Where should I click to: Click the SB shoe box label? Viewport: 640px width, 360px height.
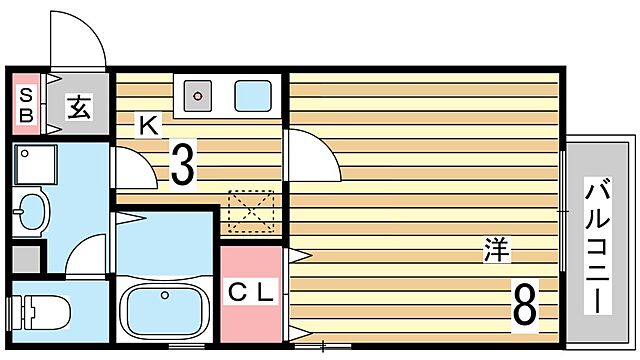pyautogui.click(x=26, y=105)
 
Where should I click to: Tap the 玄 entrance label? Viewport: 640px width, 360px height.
pyautogui.click(x=80, y=106)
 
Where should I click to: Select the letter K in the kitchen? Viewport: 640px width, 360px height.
pyautogui.click(x=148, y=126)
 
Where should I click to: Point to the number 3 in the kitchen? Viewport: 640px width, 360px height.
pyautogui.click(x=182, y=164)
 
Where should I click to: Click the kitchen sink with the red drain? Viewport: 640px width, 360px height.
pyautogui.click(x=198, y=96)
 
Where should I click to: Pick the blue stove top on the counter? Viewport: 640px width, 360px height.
pyautogui.click(x=253, y=96)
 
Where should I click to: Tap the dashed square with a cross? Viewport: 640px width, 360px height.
pyautogui.click(x=251, y=211)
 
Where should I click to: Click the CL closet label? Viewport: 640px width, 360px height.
pyautogui.click(x=250, y=292)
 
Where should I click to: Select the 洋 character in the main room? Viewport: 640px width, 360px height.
pyautogui.click(x=497, y=249)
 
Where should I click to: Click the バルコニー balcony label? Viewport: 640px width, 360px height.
pyautogui.click(x=598, y=246)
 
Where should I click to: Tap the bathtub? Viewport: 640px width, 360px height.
pyautogui.click(x=164, y=310)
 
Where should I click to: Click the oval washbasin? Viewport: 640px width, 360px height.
pyautogui.click(x=31, y=211)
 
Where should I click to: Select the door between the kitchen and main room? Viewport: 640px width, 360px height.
pyautogui.click(x=313, y=155)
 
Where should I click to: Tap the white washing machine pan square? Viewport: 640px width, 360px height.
pyautogui.click(x=35, y=165)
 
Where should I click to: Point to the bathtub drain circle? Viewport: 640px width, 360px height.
pyautogui.click(x=165, y=295)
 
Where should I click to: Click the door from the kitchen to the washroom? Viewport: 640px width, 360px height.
pyautogui.click(x=135, y=168)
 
